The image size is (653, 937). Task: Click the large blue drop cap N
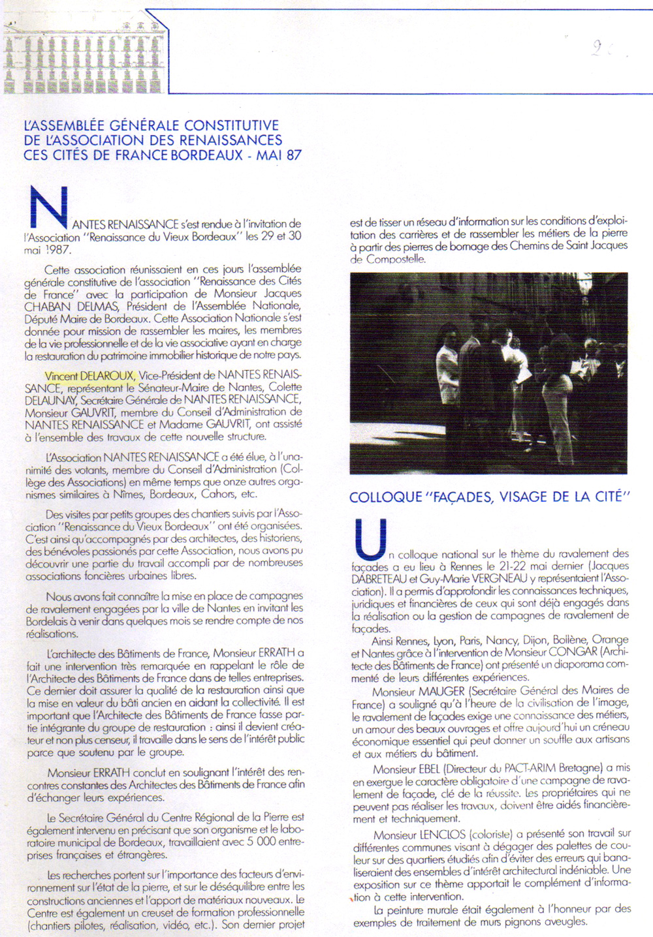click(x=49, y=209)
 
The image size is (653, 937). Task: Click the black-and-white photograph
click(x=488, y=373)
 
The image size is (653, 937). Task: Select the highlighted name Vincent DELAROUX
click(x=89, y=375)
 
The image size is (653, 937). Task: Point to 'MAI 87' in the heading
click(x=279, y=155)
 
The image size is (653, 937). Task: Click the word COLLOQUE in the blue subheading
click(x=385, y=497)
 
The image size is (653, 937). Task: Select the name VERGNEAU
click(x=499, y=579)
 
